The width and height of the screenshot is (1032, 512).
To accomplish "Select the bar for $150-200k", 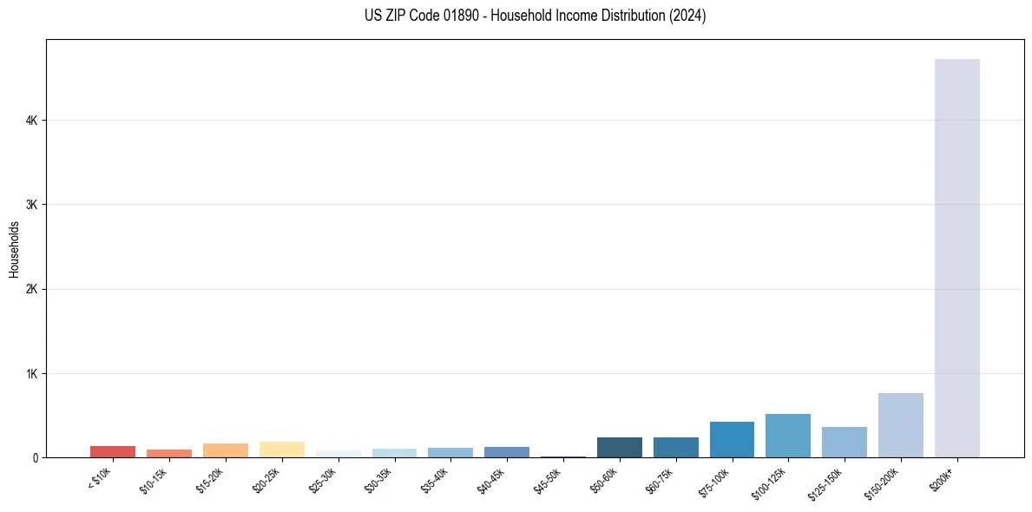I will pyautogui.click(x=900, y=425).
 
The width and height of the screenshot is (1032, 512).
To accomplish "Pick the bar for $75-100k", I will pyautogui.click(x=732, y=439).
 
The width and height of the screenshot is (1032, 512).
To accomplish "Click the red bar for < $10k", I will pyautogui.click(x=113, y=451).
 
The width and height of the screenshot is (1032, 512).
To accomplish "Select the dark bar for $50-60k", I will pyautogui.click(x=619, y=447).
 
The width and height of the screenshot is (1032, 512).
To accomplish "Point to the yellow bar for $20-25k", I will pyautogui.click(x=281, y=450).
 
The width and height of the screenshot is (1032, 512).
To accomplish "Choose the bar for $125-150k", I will pyautogui.click(x=844, y=442).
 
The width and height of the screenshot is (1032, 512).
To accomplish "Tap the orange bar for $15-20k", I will pyautogui.click(x=225, y=450).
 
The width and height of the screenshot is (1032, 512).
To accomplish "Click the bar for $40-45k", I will pyautogui.click(x=506, y=452).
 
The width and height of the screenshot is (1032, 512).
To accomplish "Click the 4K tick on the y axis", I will pyautogui.click(x=31, y=120).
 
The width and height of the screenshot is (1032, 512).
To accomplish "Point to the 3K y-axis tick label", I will pyautogui.click(x=31, y=205).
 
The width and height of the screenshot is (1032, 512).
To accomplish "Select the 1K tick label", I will pyautogui.click(x=31, y=374).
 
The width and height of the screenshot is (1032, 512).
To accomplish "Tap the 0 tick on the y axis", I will pyautogui.click(x=35, y=458).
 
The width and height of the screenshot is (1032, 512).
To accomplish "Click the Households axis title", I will pyautogui.click(x=14, y=249).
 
